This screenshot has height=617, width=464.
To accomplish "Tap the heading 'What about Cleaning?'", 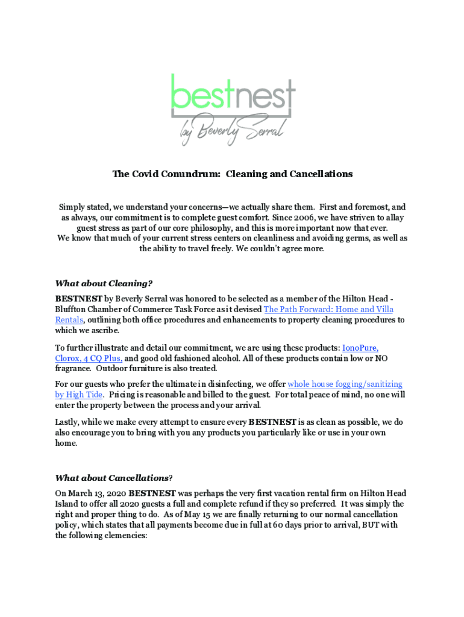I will (x=104, y=283).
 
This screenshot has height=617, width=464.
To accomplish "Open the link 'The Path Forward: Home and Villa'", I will (x=328, y=310).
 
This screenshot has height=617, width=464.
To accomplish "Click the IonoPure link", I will (x=360, y=348).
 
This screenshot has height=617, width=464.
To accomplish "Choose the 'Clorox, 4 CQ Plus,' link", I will (x=89, y=359).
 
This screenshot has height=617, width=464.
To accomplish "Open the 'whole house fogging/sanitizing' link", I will (x=345, y=384).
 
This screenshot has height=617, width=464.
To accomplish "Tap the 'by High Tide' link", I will (x=79, y=395).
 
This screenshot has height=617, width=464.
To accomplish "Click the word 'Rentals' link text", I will (x=69, y=320).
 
